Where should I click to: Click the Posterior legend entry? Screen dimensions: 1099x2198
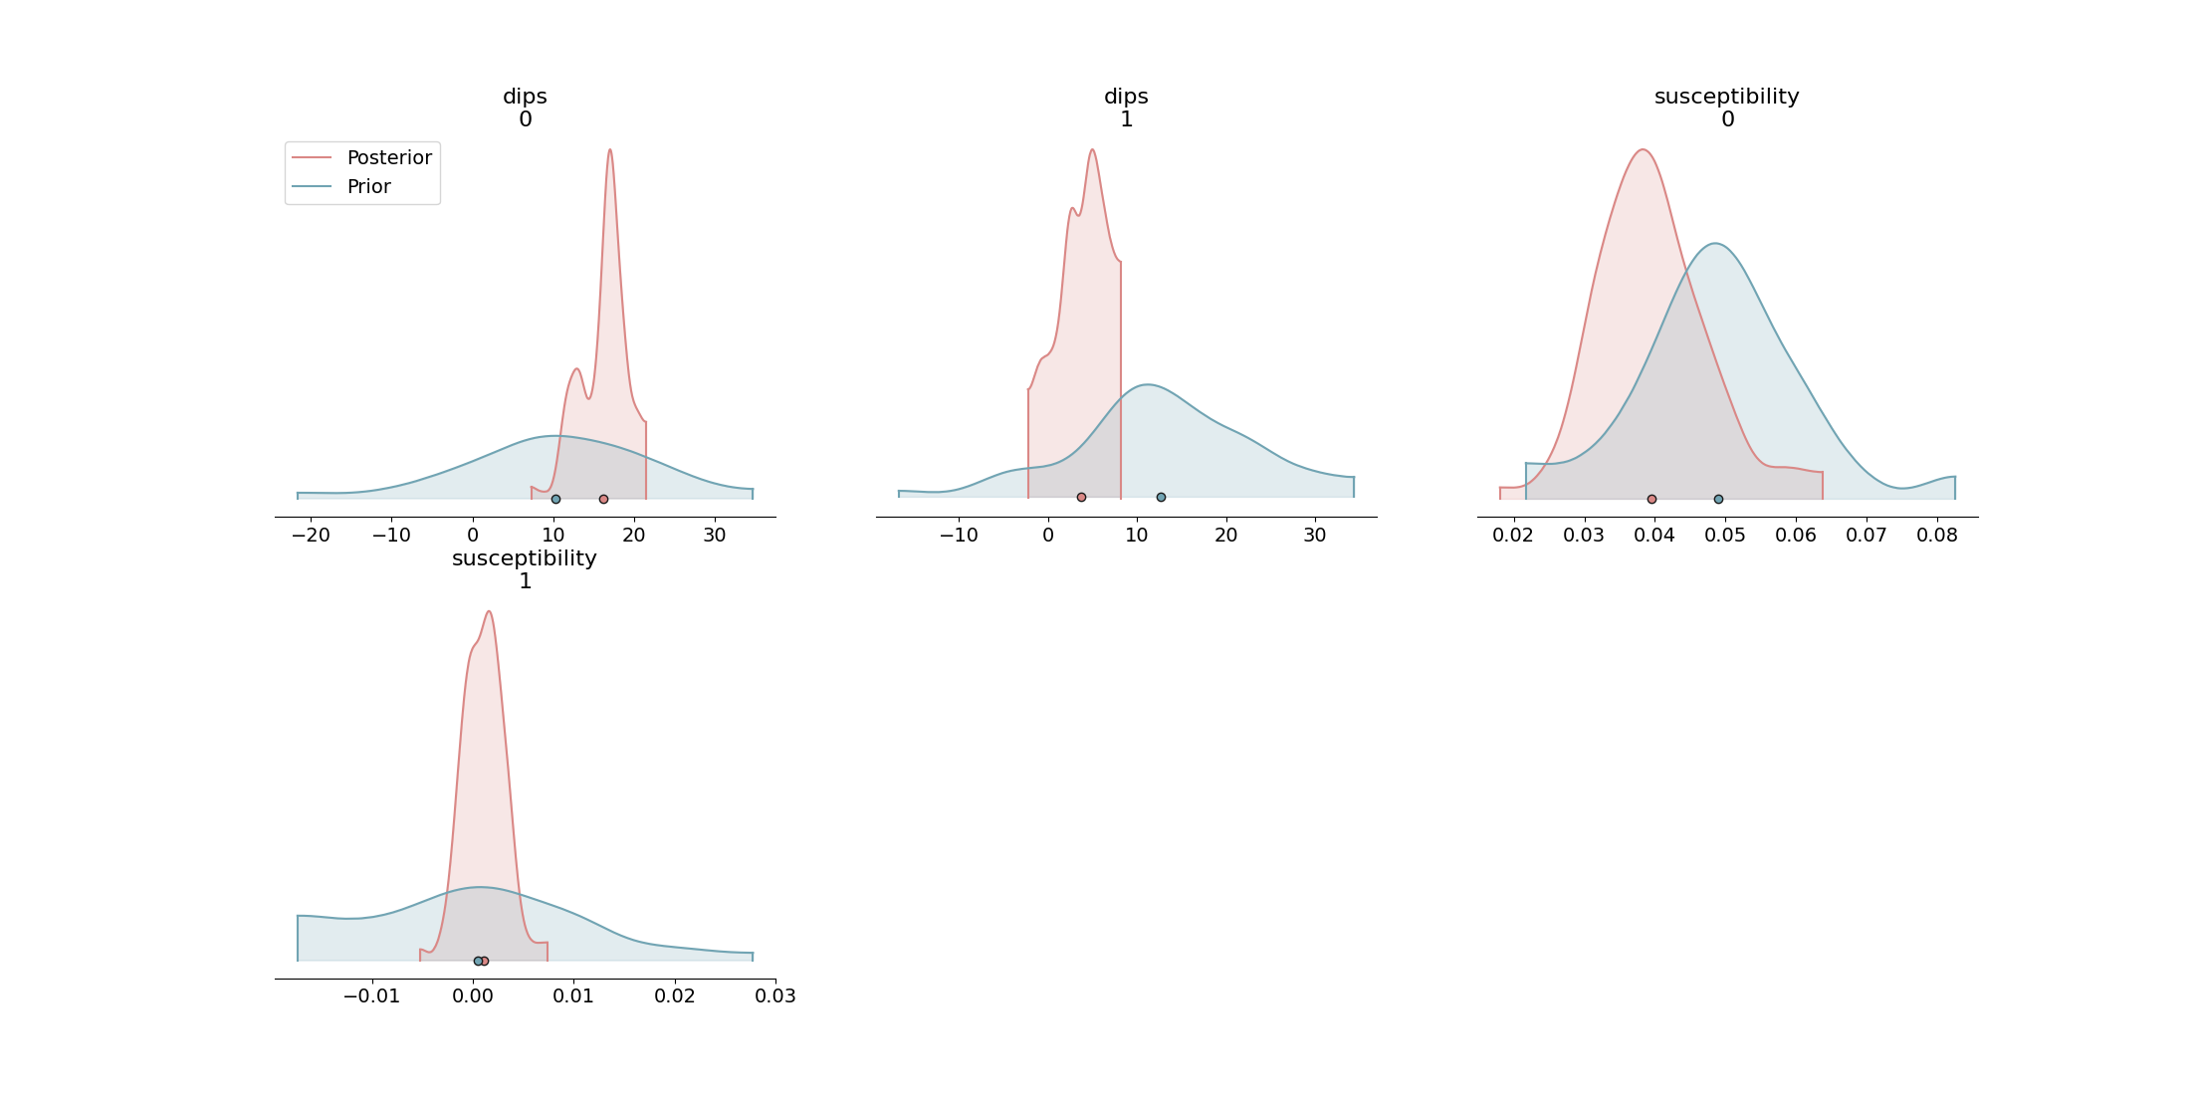pos(388,158)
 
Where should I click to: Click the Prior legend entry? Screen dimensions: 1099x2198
pos(368,187)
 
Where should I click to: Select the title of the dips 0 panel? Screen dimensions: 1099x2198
pos(525,108)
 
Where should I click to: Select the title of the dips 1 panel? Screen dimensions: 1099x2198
pos(1126,108)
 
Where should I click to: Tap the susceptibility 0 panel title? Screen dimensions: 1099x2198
pos(1727,108)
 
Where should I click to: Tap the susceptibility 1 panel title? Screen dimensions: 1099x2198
pos(525,569)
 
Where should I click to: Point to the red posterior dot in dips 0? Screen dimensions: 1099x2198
pos(603,499)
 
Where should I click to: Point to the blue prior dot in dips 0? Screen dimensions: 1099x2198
pos(555,499)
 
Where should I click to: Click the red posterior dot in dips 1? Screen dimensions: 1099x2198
pos(1081,497)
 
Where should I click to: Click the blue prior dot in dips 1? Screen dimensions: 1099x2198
pos(1161,497)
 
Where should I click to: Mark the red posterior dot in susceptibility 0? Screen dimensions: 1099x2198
pos(1651,499)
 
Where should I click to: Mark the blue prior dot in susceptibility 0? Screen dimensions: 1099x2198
pos(1718,499)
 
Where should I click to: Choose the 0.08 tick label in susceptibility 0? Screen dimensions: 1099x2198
pos(1937,536)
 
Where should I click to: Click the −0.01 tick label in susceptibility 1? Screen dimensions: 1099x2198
pos(371,996)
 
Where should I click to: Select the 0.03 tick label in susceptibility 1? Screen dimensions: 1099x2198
pos(775,996)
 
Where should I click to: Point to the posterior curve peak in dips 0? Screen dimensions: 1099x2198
pos(610,150)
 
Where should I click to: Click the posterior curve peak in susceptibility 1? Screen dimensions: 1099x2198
pos(489,611)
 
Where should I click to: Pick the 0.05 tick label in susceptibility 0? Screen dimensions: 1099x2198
pos(1725,536)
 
